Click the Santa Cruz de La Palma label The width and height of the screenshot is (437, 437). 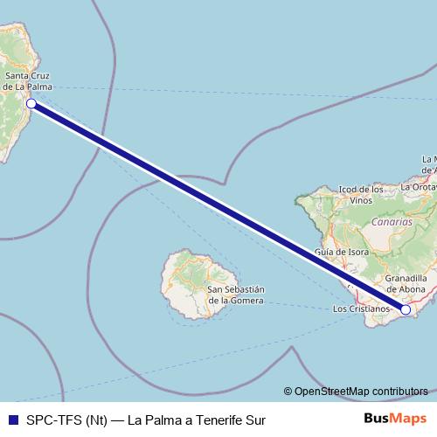pos(29,81)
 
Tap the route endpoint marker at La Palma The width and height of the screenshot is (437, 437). pos(31,104)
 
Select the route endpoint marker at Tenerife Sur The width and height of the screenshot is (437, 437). pos(406,309)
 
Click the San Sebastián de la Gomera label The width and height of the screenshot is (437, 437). pos(236,295)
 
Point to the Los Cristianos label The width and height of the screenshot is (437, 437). pos(363,309)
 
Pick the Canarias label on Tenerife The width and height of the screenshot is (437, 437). pos(391,222)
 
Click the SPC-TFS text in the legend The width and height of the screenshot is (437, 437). pos(53,420)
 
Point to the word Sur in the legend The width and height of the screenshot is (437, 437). pos(253,420)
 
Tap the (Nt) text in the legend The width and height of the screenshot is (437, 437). pos(96,420)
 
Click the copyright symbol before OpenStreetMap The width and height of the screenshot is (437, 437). pos(288,392)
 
